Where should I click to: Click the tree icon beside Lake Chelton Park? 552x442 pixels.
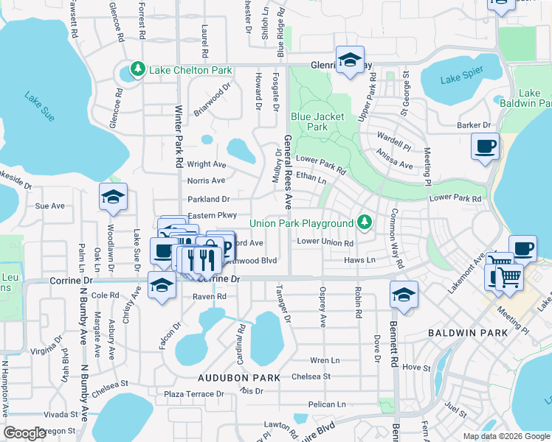(x=137, y=70)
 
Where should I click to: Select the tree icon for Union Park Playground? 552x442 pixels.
(x=363, y=222)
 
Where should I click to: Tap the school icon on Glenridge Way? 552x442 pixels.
(x=350, y=59)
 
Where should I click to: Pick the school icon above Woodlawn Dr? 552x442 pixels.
(x=114, y=197)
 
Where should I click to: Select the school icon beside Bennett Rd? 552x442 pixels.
(x=404, y=295)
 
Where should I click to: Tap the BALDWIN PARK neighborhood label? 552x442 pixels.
(x=467, y=333)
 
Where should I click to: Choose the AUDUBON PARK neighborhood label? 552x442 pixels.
(x=238, y=378)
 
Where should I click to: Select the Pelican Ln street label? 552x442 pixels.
(x=327, y=404)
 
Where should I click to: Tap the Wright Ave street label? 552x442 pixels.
(x=207, y=164)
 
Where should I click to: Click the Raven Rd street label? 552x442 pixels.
(x=209, y=297)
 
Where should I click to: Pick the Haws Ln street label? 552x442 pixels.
(x=359, y=260)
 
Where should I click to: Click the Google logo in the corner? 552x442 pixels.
(x=25, y=433)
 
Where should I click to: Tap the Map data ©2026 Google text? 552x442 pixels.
(x=506, y=436)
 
